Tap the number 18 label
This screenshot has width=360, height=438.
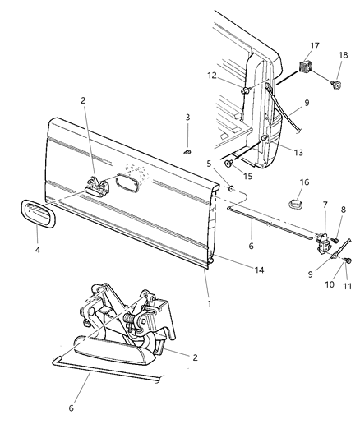tap(342, 54)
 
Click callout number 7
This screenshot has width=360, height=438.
tap(325, 205)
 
